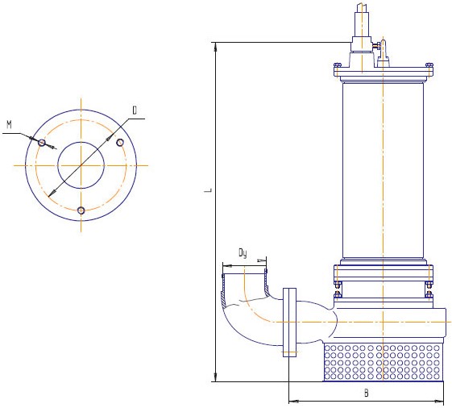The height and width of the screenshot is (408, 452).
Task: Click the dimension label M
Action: (x=10, y=125)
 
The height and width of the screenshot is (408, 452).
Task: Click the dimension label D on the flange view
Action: (x=135, y=110)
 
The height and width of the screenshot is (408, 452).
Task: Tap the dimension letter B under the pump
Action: (x=366, y=393)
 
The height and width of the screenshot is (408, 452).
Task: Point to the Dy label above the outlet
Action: (x=243, y=253)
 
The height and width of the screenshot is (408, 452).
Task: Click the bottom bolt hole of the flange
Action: (x=81, y=210)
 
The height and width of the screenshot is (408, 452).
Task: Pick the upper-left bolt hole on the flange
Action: (x=42, y=143)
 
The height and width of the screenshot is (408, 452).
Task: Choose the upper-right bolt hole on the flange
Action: (x=120, y=142)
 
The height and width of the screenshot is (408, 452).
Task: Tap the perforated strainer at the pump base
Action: (x=383, y=361)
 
